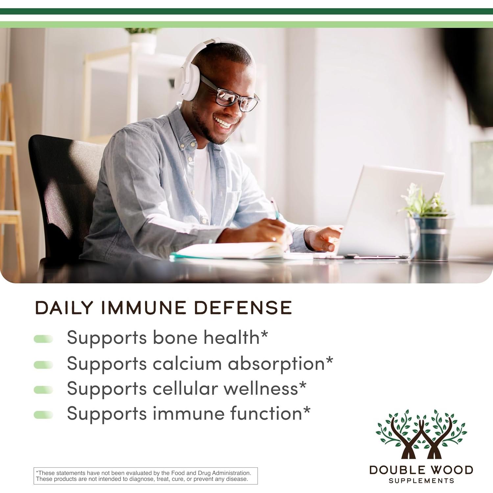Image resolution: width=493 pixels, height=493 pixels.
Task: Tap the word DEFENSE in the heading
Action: click(243, 308)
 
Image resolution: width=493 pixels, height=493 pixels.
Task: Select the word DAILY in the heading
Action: click(64, 308)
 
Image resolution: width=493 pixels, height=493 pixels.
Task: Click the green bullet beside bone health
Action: click(43, 339)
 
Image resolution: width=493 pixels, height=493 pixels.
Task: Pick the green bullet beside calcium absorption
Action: click(43, 364)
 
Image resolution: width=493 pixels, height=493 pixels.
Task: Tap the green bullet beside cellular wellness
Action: click(43, 390)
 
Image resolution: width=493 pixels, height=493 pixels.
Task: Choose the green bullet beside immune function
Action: click(43, 415)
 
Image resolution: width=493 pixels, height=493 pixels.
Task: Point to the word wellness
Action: click(261, 388)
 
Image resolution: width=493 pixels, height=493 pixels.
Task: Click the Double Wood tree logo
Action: click(421, 434)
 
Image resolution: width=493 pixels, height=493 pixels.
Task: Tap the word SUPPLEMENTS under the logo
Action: click(421, 481)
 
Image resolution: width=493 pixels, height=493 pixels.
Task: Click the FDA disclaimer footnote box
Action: click(146, 476)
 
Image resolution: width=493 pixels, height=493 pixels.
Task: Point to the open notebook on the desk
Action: click(230, 250)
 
